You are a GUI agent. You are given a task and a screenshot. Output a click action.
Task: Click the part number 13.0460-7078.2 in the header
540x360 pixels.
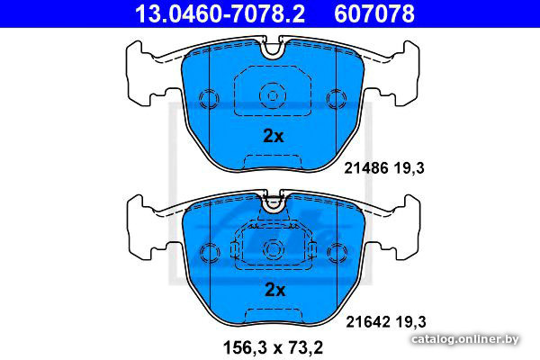pos(220,13)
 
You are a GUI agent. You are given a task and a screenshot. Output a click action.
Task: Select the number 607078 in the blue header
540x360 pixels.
pos(374,13)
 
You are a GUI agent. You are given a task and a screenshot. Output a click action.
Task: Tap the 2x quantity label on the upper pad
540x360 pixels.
pos(274,136)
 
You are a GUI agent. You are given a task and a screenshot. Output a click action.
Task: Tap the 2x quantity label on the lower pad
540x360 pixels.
pos(274,290)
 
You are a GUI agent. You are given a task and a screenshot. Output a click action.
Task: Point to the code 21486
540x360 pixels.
pos(366,168)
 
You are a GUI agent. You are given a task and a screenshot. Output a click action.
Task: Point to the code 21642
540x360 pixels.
pos(368,322)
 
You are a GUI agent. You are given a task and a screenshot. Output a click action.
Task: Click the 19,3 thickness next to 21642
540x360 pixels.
pos(411,322)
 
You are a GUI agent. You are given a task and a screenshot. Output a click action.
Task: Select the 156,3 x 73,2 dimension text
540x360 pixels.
pos(273,347)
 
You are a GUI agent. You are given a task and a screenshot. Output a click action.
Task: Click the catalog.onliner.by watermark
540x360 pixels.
pos(465,339)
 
